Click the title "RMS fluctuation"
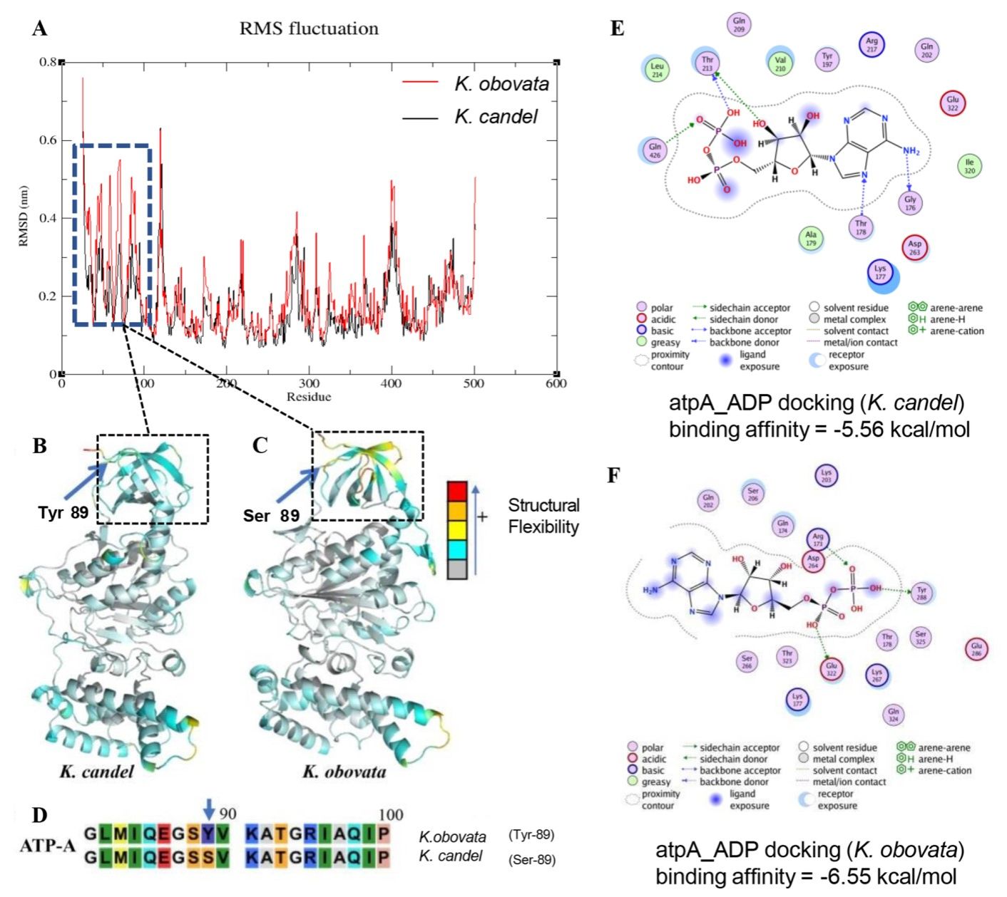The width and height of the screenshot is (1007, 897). pos(309,28)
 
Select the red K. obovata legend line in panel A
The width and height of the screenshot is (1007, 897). pos(420,83)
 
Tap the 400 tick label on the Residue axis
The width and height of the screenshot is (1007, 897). pos(391,384)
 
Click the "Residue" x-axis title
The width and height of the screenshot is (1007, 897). pos(309,397)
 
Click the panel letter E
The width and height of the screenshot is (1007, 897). pos(618,28)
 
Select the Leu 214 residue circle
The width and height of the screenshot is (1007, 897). pos(657,69)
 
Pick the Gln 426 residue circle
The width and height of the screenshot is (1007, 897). pos(655,150)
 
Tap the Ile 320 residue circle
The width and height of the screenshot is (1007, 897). pos(969,166)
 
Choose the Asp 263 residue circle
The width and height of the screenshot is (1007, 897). pos(914,247)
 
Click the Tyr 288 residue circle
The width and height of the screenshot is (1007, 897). pos(921,593)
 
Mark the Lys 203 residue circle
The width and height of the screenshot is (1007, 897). pos(826,475)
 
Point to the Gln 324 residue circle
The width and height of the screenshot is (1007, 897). pos(893,715)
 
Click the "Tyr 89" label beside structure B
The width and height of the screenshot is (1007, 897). pos(63,512)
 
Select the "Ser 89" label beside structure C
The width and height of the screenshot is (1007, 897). pos(271,515)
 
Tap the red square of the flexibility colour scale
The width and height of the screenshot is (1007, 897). pos(457,492)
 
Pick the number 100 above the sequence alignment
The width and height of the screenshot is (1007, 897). pos(391,814)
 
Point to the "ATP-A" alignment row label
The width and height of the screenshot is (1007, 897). pos(47,846)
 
